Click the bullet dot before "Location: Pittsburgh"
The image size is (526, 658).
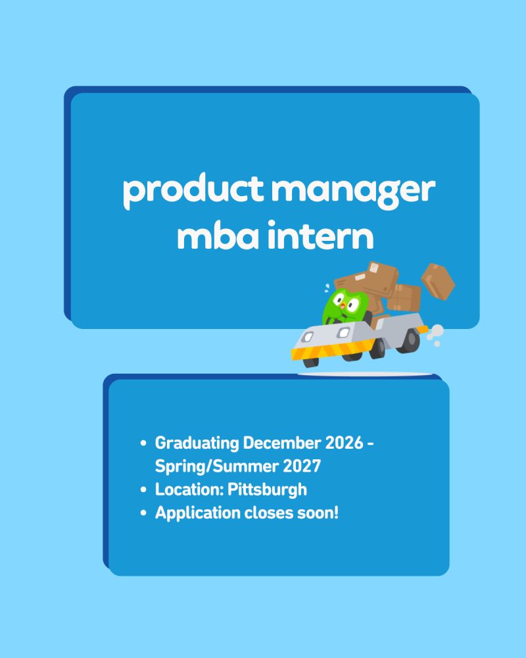pyautogui.click(x=143, y=490)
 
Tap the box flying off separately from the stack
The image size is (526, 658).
pyautogui.click(x=437, y=281)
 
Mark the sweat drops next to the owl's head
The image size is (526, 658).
pyautogui.click(x=326, y=288)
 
